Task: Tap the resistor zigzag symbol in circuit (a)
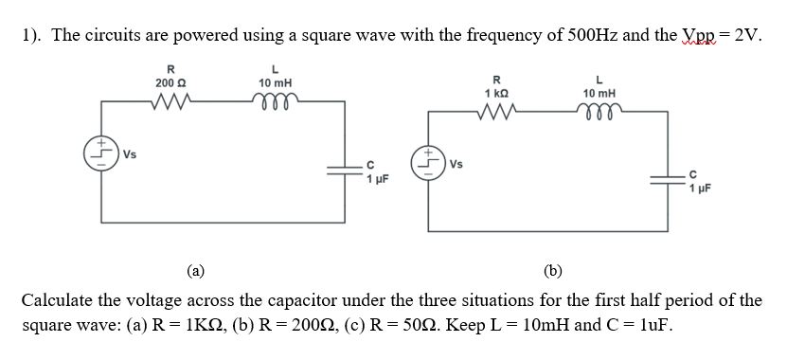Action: pyautogui.click(x=170, y=101)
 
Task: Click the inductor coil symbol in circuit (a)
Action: pyautogui.click(x=275, y=100)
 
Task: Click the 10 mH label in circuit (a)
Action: pyautogui.click(x=275, y=83)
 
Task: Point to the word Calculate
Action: pyautogui.click(x=57, y=301)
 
